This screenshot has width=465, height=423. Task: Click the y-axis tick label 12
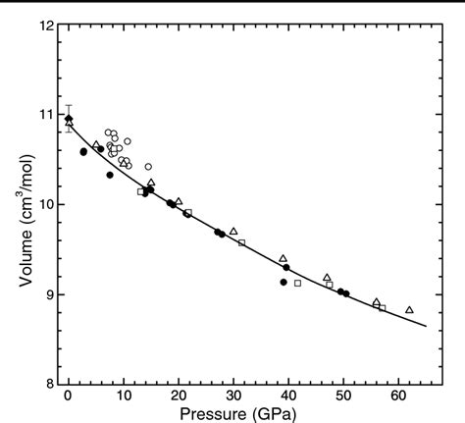click(x=44, y=24)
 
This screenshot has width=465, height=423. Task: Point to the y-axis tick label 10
click(x=44, y=204)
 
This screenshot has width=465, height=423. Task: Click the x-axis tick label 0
click(x=68, y=395)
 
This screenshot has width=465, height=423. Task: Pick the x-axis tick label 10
click(x=123, y=395)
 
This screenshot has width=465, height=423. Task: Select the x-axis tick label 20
click(x=178, y=395)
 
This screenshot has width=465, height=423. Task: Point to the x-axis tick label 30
click(x=232, y=395)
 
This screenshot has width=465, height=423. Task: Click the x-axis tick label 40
click(x=287, y=395)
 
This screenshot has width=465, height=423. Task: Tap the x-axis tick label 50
click(x=342, y=395)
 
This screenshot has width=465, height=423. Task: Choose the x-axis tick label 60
click(x=397, y=395)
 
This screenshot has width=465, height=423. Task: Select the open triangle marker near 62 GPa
click(x=409, y=309)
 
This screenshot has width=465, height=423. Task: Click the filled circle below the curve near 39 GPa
click(x=284, y=282)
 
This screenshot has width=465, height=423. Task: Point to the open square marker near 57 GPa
click(x=382, y=308)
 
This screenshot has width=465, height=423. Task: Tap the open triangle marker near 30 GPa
click(x=233, y=231)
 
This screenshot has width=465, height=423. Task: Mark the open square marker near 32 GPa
click(x=241, y=242)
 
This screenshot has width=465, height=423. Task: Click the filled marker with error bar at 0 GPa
click(x=68, y=119)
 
